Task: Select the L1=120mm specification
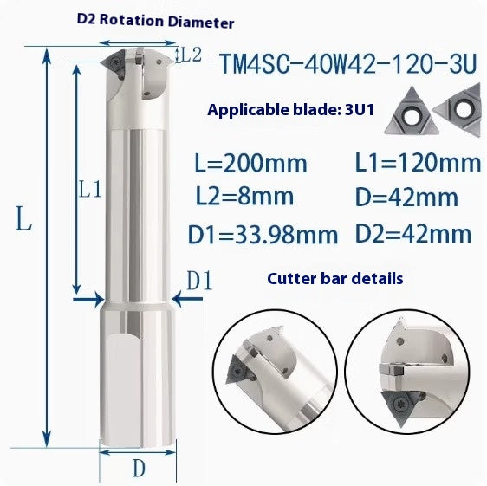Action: point(418,162)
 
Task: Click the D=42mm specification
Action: point(407,198)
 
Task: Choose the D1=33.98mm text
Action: point(264,234)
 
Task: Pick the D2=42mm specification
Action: point(413,234)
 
